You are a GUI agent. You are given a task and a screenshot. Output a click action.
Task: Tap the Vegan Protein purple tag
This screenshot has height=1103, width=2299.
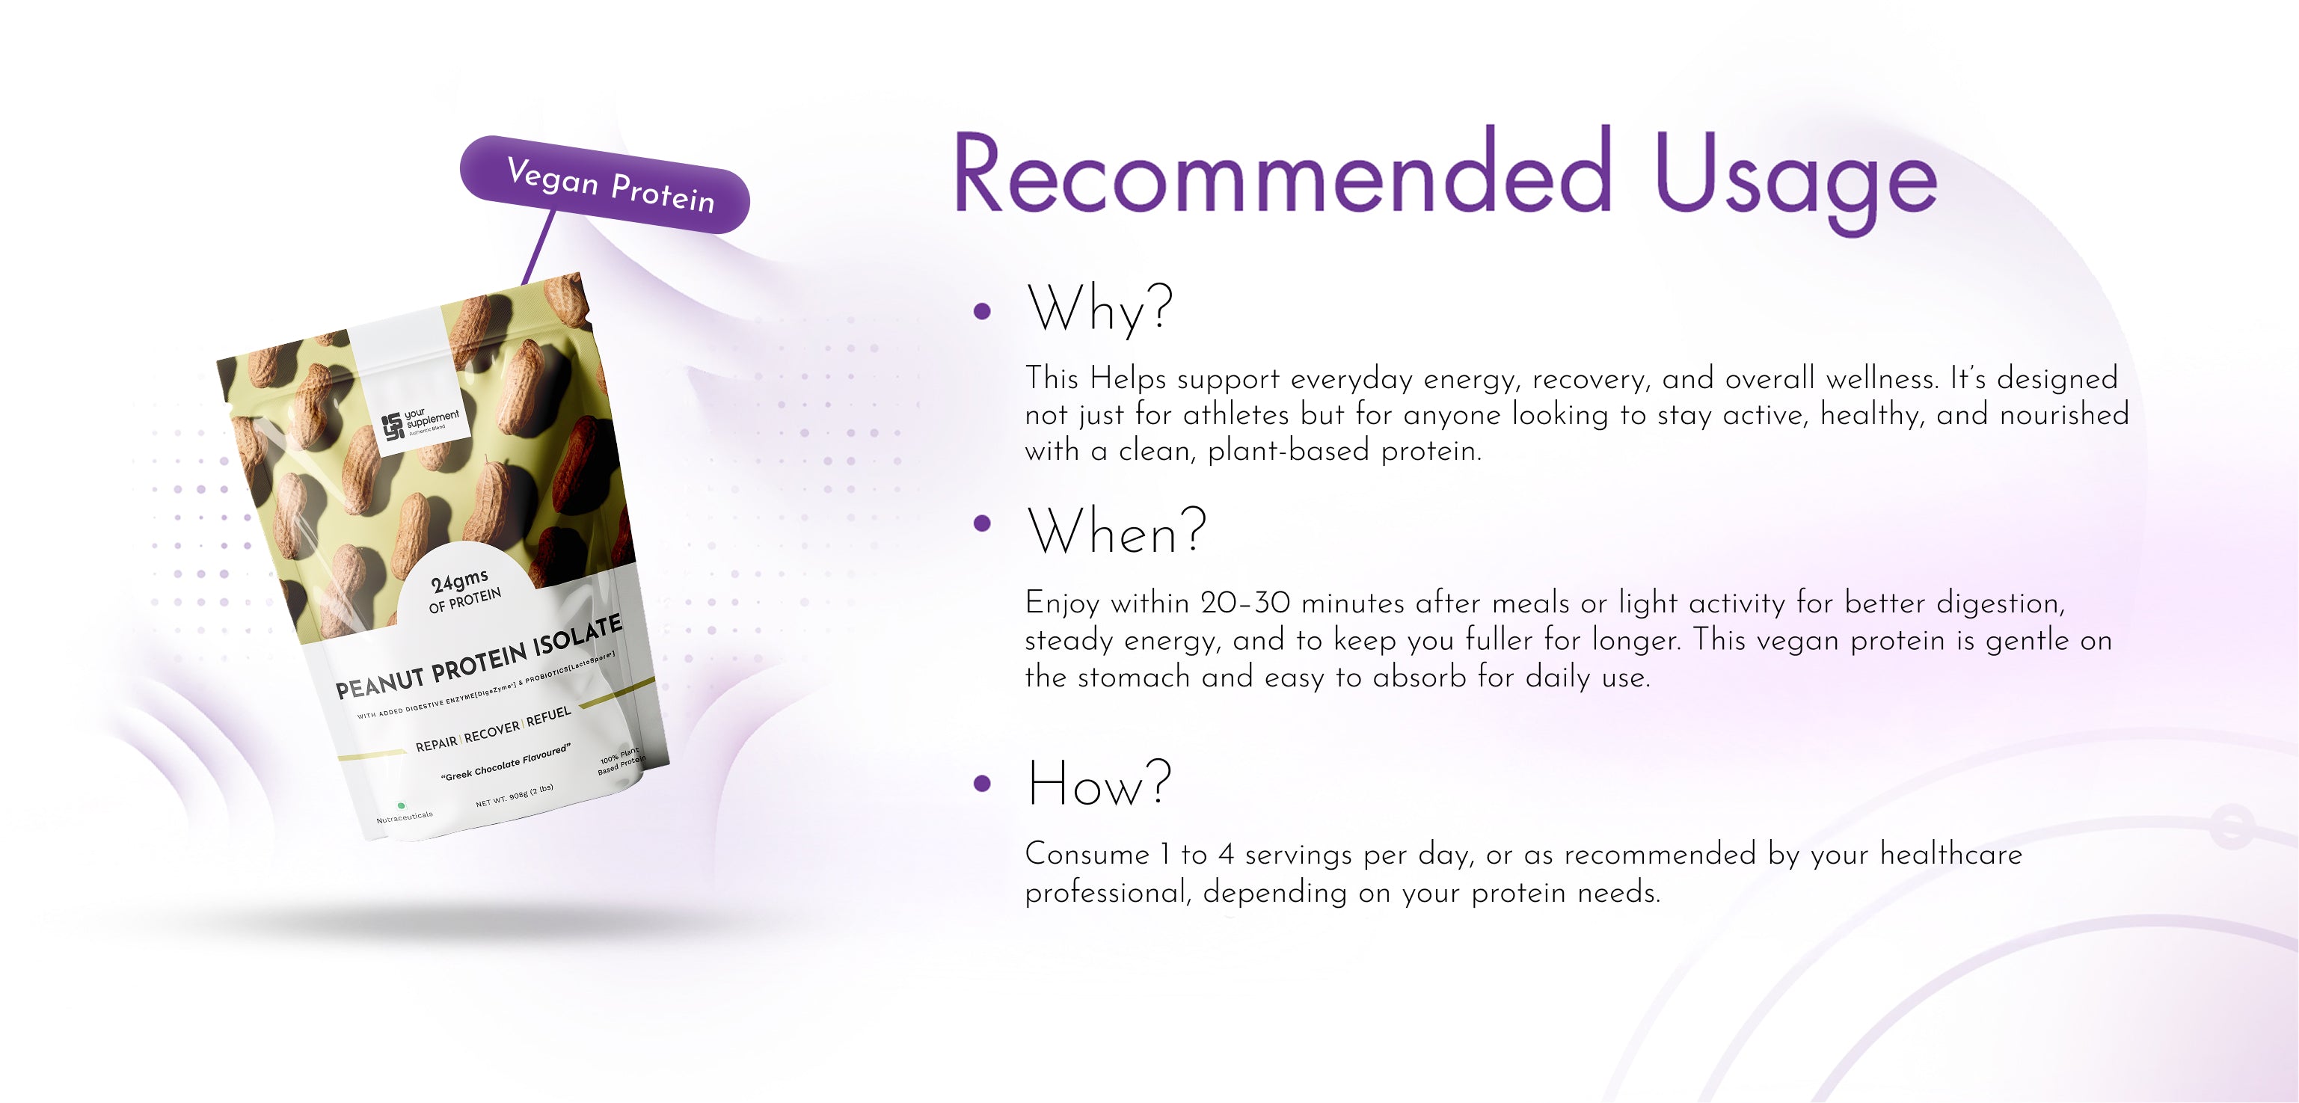[x=605, y=185]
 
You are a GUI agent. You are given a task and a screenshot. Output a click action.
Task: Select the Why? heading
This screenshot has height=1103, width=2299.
[x=1099, y=309]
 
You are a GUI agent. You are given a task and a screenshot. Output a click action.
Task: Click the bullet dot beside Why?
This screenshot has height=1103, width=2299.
[x=983, y=310]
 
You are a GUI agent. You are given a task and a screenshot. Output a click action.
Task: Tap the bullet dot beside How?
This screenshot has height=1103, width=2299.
[x=983, y=784]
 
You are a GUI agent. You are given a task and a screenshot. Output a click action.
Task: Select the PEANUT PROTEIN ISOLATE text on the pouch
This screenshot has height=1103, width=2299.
[x=479, y=658]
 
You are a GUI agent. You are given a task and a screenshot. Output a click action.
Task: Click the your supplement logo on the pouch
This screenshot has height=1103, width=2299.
[x=420, y=422]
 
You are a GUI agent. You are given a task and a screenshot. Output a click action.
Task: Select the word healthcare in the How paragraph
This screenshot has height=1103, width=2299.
[x=1951, y=854]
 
